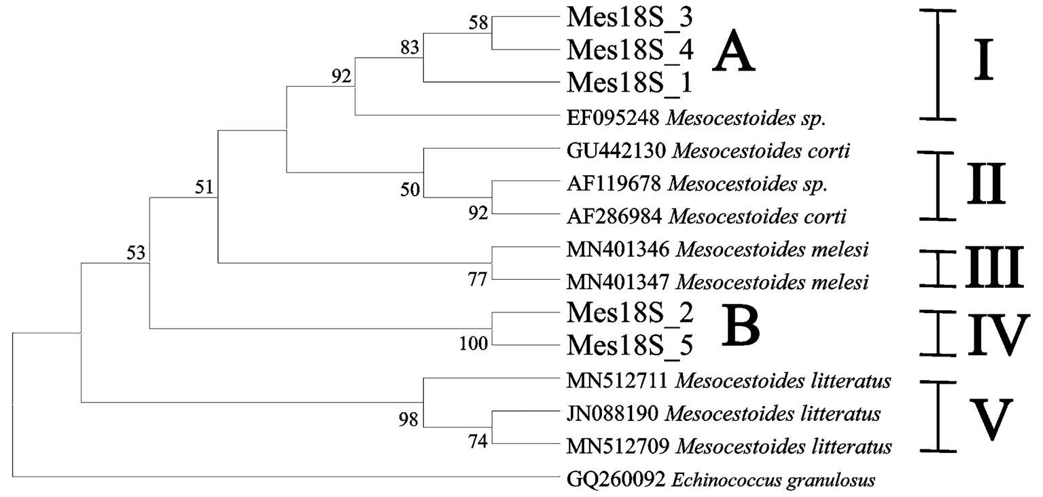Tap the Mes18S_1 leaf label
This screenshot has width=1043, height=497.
tap(629, 82)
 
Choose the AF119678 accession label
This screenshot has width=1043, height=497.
tap(614, 183)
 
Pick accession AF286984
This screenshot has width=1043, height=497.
tap(614, 217)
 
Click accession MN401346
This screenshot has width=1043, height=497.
tap(618, 249)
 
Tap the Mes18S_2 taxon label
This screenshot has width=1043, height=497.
tap(629, 314)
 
